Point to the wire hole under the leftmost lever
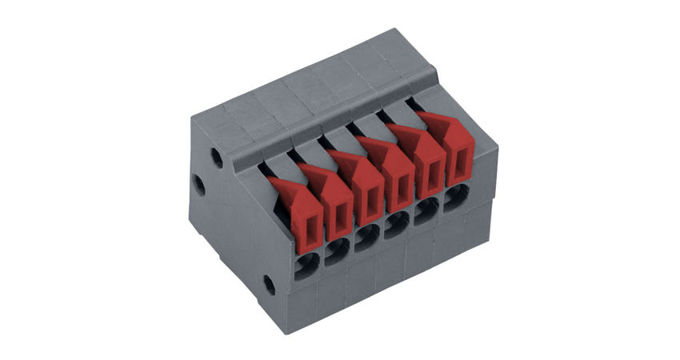tap(306, 265)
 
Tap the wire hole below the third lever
tap(366, 238)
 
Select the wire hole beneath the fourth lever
tap(396, 226)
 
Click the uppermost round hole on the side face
tap(216, 157)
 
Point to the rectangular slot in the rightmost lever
tap(458, 165)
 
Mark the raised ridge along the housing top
tap(336, 112)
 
